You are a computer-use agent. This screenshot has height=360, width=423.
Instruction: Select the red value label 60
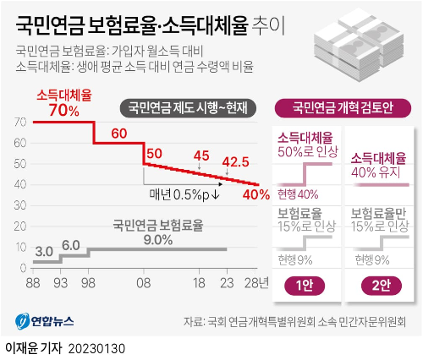tap(118, 133)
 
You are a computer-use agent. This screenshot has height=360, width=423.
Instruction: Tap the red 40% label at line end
tap(256, 194)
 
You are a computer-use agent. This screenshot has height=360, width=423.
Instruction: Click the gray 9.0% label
tap(157, 239)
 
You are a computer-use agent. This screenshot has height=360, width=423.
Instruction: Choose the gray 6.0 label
tap(71, 245)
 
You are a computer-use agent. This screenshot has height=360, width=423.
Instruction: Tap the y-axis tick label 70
tap(19, 123)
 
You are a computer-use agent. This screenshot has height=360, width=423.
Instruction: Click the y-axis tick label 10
tap(19, 248)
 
